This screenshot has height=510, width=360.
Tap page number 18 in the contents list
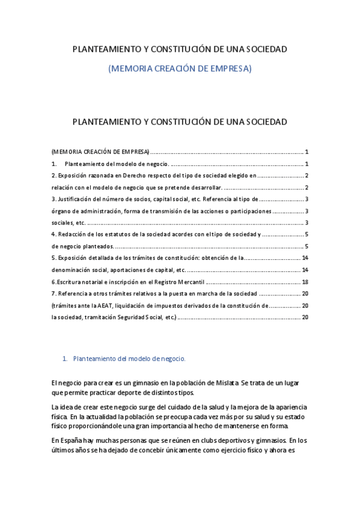(x=305, y=281)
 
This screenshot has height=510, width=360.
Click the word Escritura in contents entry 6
(x=70, y=281)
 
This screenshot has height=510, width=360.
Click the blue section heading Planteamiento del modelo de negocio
(x=129, y=358)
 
